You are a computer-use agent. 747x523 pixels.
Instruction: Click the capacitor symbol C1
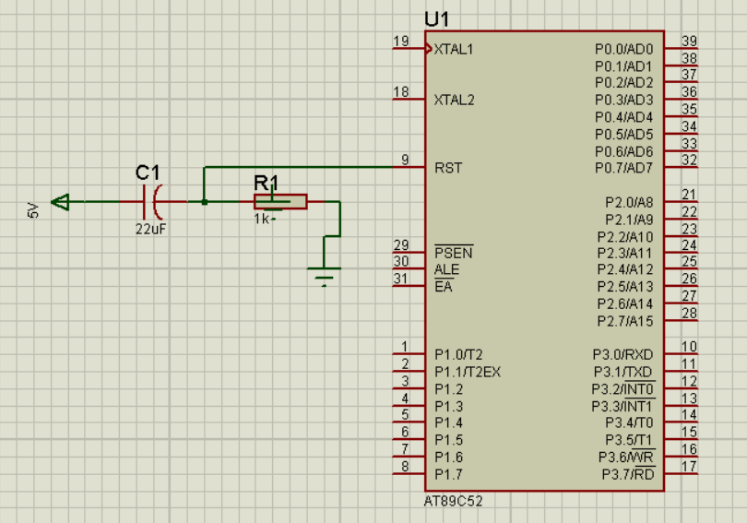coord(152,202)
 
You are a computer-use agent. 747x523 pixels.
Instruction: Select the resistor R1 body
coord(280,201)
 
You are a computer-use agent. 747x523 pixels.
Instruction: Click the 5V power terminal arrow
coord(61,202)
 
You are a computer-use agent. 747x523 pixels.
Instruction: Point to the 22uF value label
coord(150,229)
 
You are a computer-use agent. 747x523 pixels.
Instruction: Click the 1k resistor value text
coord(262,220)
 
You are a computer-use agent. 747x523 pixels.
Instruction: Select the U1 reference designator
coord(436,19)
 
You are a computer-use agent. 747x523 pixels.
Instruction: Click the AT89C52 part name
coord(453,501)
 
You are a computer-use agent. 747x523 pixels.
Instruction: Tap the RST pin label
coord(448,168)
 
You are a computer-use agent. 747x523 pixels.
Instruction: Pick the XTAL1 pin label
coord(454,50)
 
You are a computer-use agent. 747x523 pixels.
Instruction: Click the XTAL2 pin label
coord(454,100)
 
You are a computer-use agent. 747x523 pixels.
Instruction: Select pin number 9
coord(405,160)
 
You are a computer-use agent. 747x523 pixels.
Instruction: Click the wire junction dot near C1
coord(205,202)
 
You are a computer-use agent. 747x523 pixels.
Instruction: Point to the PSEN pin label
coord(454,252)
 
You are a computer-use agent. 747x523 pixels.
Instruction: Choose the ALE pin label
coord(447,269)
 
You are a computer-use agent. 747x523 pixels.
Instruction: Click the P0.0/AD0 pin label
coord(624,50)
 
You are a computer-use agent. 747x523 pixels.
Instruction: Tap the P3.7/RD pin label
coord(628,474)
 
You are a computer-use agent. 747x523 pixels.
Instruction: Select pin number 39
coord(689,41)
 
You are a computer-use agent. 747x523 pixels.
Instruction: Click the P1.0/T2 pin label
coord(458,355)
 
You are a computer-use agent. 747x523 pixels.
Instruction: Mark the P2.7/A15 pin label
coord(625,322)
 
